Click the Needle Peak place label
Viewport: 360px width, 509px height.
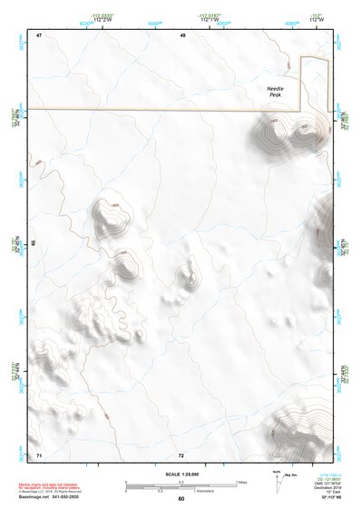(276, 91)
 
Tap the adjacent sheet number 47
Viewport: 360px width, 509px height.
(39, 35)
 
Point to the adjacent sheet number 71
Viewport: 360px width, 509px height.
(39, 454)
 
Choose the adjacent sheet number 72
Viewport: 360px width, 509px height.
(180, 454)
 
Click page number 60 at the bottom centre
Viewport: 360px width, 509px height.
(180, 498)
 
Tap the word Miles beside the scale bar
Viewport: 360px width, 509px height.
(241, 481)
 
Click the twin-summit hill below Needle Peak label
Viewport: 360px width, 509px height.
(290, 132)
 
